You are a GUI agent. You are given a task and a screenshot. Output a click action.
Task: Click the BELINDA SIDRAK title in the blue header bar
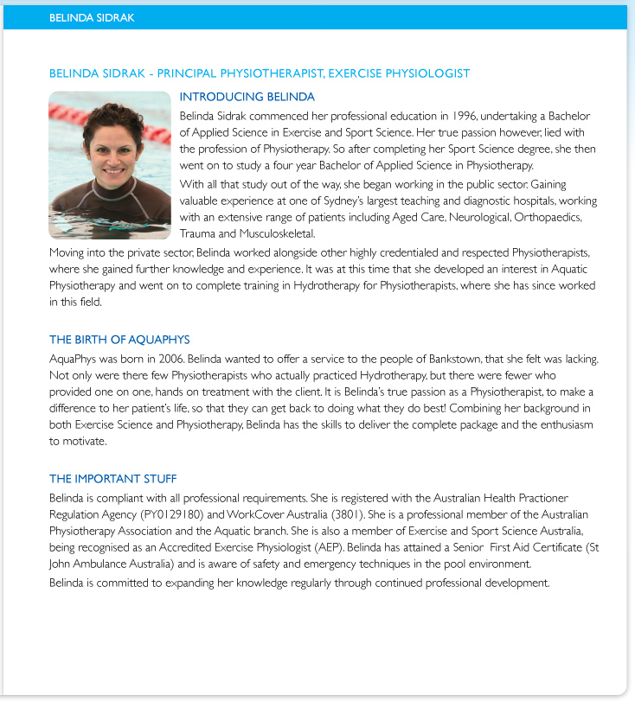tap(92, 17)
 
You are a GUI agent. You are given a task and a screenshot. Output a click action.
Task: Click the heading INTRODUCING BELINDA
tap(247, 97)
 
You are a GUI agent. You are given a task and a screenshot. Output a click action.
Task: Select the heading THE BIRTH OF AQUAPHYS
tap(119, 340)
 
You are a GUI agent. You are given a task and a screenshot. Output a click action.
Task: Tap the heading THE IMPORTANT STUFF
tap(113, 479)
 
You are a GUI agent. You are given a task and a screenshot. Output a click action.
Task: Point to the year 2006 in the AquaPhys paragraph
tap(158, 358)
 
